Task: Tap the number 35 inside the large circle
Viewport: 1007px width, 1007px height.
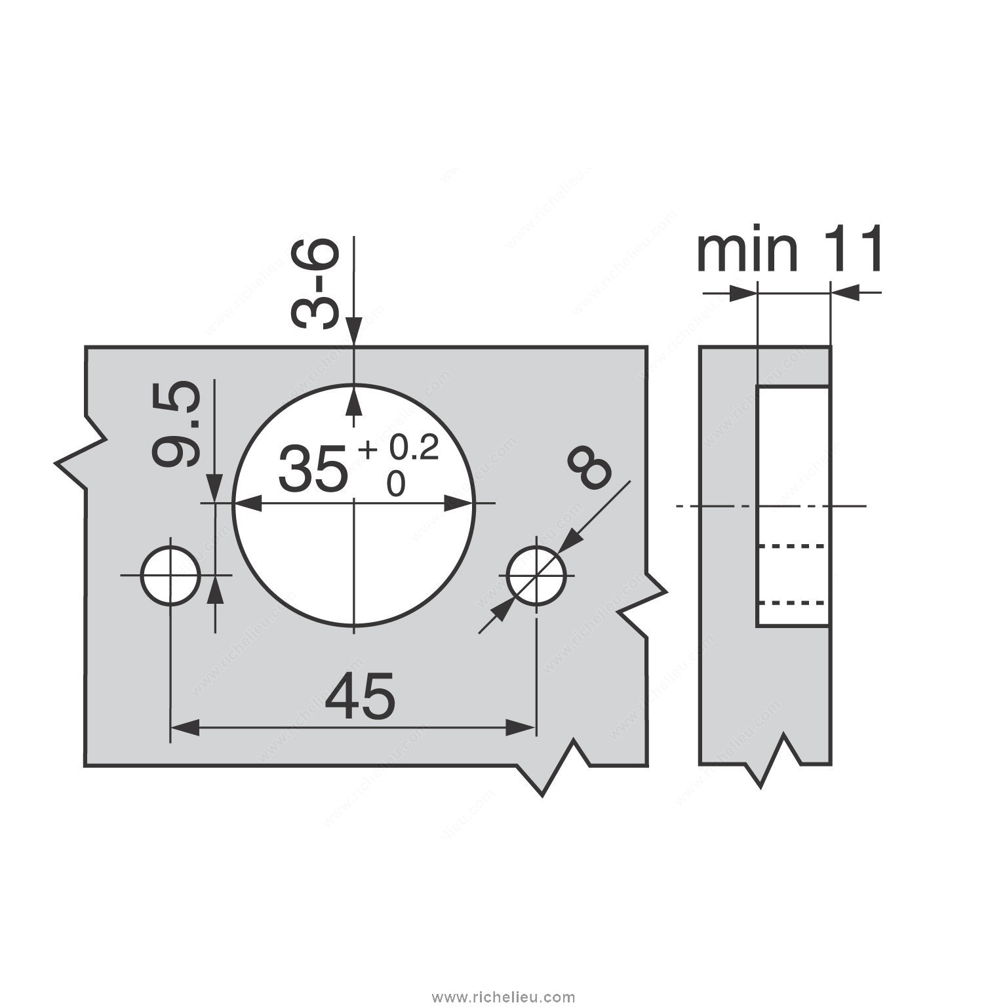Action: pos(312,468)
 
